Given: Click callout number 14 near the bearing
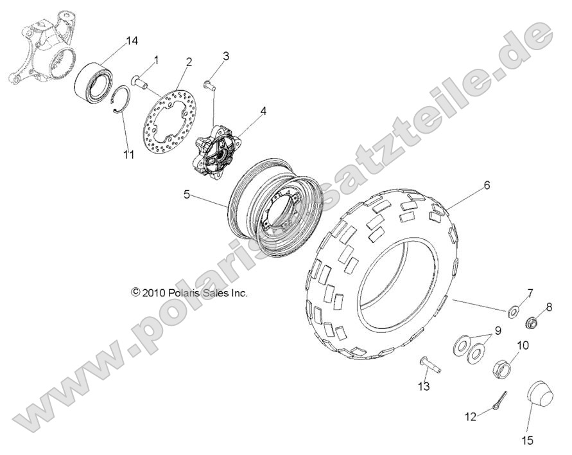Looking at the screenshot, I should coord(132,41).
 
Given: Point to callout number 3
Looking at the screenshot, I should coord(226,56).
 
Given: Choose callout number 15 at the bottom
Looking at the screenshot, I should coord(528,442).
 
